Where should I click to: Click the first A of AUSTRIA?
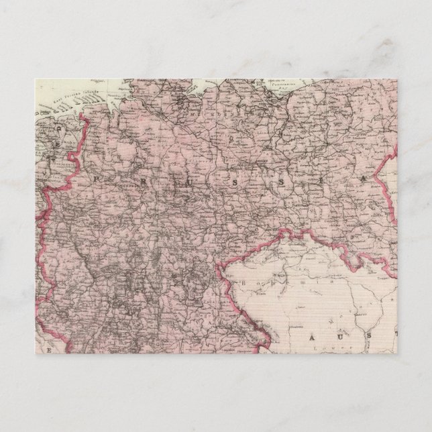[x=311, y=341]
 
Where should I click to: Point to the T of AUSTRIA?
[x=396, y=333]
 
